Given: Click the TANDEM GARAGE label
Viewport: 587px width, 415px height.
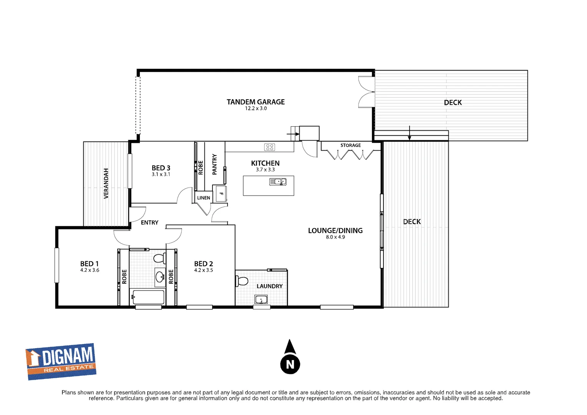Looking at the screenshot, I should click(x=255, y=102).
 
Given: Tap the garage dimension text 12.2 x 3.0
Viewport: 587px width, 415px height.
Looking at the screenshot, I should click(x=256, y=109).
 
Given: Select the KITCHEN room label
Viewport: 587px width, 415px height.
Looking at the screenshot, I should click(x=265, y=163).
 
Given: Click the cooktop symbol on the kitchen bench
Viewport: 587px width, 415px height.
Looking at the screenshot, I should click(x=270, y=147).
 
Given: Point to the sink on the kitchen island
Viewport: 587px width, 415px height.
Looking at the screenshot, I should click(x=278, y=182).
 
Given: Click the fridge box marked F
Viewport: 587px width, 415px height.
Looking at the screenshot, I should click(x=221, y=194).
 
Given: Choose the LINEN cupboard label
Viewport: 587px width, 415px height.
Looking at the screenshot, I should click(x=203, y=198).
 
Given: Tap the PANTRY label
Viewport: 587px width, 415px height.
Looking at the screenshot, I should click(x=214, y=164).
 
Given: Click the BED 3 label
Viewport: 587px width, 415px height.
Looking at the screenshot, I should click(x=161, y=168).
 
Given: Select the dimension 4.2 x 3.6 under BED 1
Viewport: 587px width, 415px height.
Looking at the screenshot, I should click(x=90, y=271).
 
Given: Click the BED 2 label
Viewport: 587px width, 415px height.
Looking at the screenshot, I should click(x=203, y=264).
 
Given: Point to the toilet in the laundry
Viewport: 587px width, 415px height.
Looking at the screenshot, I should click(x=242, y=281).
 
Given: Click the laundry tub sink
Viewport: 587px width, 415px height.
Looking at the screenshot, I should click(x=261, y=299).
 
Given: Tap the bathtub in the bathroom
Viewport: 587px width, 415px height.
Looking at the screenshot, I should click(x=148, y=297).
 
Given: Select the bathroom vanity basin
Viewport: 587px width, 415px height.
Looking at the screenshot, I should click(x=160, y=276).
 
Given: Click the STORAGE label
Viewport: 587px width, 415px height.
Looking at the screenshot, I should click(x=350, y=145).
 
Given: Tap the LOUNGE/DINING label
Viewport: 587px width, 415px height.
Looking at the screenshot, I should click(x=335, y=231).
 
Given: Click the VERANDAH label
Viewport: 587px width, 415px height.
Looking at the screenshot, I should click(x=106, y=183).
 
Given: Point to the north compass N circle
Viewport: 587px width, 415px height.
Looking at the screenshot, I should click(x=290, y=364).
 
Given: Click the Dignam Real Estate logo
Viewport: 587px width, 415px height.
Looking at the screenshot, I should click(x=61, y=361).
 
